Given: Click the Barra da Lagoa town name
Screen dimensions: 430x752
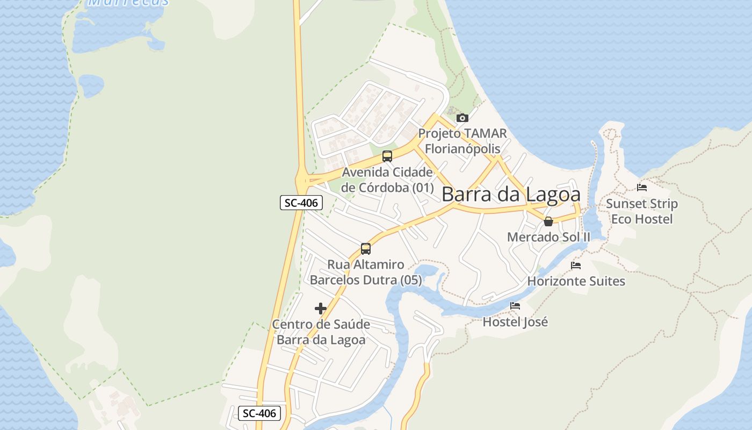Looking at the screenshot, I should coord(511,194).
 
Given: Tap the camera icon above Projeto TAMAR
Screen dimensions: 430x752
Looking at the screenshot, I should coord(462,118).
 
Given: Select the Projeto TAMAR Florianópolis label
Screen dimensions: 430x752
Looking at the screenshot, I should coord(462,141).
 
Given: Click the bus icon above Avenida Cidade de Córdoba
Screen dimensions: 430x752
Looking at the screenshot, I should coord(387,156).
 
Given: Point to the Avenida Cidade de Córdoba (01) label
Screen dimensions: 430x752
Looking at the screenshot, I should coord(387,180).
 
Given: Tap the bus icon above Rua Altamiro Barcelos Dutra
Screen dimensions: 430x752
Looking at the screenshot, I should coord(366,248).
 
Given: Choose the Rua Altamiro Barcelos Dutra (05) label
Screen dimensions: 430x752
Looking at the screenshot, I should coord(366,273).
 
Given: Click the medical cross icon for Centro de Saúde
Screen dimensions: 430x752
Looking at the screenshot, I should coord(321,309).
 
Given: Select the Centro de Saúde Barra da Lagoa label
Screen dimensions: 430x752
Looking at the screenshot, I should coord(321,332).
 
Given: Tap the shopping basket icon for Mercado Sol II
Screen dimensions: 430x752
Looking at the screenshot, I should coord(548,221).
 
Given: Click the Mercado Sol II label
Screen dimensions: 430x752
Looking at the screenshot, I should coord(548,237).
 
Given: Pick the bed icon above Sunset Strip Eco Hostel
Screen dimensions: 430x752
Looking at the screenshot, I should coord(642,188).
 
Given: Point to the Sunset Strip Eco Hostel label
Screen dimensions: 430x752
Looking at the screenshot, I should coord(642,211).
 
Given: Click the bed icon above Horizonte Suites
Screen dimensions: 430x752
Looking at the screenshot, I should coord(576,266).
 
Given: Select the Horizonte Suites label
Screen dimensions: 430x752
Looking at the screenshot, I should coord(576,281).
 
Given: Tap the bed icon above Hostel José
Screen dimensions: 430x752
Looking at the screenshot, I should coord(515,306).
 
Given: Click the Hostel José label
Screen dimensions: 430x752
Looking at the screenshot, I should coord(515,322).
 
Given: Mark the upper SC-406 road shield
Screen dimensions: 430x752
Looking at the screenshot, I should coord(301,203).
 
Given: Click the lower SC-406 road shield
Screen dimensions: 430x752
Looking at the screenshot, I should coord(259,413).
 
